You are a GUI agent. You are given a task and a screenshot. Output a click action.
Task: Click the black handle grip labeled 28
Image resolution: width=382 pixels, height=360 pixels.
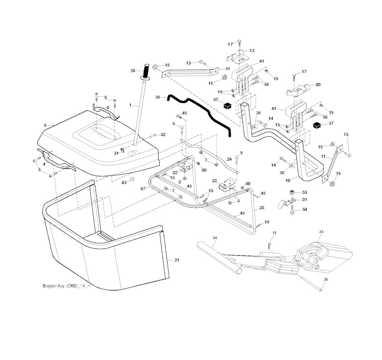pyautogui.click(x=147, y=70)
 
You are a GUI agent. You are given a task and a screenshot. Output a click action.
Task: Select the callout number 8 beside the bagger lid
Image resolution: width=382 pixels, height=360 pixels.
pyautogui.click(x=45, y=126)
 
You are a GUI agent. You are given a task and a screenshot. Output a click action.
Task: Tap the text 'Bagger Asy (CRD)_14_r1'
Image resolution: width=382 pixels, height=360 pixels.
pyautogui.click(x=66, y=287)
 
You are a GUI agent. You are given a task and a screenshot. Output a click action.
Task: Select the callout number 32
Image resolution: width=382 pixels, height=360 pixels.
pyautogui.click(x=163, y=135)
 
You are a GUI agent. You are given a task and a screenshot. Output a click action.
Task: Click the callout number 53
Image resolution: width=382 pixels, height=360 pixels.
pyautogui.click(x=304, y=192)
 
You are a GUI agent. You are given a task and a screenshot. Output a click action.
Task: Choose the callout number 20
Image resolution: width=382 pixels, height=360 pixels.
pyautogui.click(x=318, y=85)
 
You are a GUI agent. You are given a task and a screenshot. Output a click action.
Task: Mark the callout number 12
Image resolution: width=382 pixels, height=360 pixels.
pyautogui.click(x=252, y=51)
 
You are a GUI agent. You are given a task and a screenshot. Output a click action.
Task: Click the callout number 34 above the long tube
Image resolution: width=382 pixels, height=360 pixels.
pyautogui.click(x=215, y=237)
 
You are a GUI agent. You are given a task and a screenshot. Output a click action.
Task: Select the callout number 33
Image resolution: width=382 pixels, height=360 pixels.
pyautogui.click(x=321, y=232)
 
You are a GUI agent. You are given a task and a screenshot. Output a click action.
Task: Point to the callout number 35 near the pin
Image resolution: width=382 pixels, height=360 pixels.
pyautogui.click(x=326, y=279)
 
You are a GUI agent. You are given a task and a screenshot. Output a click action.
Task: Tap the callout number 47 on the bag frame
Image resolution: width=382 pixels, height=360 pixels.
pyautogui.click(x=143, y=189)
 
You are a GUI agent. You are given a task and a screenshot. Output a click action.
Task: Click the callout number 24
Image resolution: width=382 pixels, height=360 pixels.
pyautogui.click(x=229, y=160)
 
